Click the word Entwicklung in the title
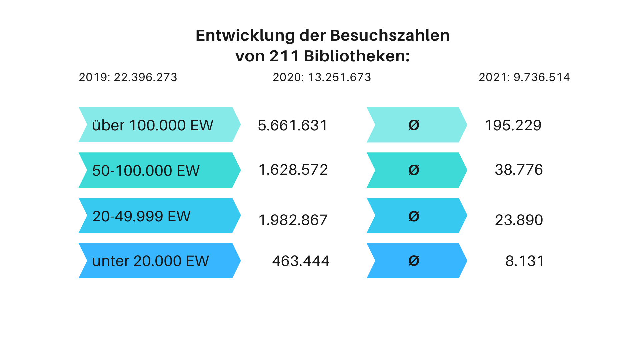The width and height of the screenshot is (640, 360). pyautogui.click(x=245, y=35)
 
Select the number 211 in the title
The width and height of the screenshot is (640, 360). pyautogui.click(x=284, y=56)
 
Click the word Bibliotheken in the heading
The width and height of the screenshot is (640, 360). pyautogui.click(x=357, y=56)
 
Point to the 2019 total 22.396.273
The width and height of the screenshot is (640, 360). pyautogui.click(x=145, y=77)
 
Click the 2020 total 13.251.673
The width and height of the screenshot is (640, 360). pyautogui.click(x=339, y=77)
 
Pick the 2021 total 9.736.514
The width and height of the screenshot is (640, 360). pyautogui.click(x=541, y=77)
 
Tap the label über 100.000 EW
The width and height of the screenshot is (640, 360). pyautogui.click(x=153, y=125)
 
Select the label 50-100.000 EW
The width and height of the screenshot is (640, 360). pyautogui.click(x=146, y=171)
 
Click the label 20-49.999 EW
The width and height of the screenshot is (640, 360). pyautogui.click(x=141, y=216)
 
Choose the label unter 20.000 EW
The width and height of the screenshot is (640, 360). pyautogui.click(x=150, y=261)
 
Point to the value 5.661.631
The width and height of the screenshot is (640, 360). pyautogui.click(x=293, y=125)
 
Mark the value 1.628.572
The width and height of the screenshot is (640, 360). pyautogui.click(x=293, y=170)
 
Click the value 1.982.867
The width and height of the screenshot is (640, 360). pyautogui.click(x=293, y=220)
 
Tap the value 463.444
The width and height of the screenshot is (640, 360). pyautogui.click(x=301, y=261)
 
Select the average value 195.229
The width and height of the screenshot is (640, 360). pyautogui.click(x=513, y=125)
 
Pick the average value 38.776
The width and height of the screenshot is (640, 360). pyautogui.click(x=519, y=170)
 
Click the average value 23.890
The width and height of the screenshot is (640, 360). pyautogui.click(x=519, y=220)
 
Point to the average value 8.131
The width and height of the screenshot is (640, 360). pyautogui.click(x=525, y=261)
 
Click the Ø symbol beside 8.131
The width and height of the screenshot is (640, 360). pyautogui.click(x=414, y=261)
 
